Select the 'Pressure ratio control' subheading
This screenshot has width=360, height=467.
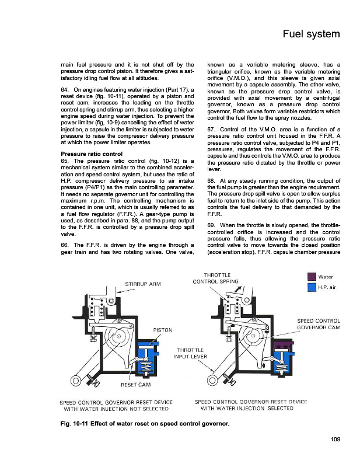pos(95,154)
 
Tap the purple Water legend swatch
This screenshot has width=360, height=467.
pos(311,276)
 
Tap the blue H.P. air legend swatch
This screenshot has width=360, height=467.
pos(311,287)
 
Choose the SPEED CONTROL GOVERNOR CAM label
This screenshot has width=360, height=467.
pos(319,324)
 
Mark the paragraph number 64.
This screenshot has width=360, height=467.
pos(65,89)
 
